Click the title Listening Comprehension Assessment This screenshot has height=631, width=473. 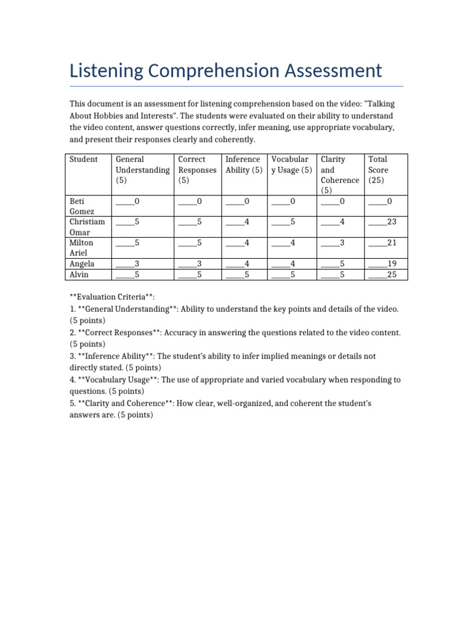(x=225, y=70)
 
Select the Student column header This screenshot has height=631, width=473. (x=83, y=160)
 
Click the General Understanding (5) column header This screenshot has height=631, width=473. (x=142, y=169)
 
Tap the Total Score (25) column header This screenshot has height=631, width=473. (x=378, y=169)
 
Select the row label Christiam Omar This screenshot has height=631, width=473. (x=87, y=227)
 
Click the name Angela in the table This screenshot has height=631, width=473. (x=83, y=264)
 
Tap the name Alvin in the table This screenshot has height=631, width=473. (x=80, y=274)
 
